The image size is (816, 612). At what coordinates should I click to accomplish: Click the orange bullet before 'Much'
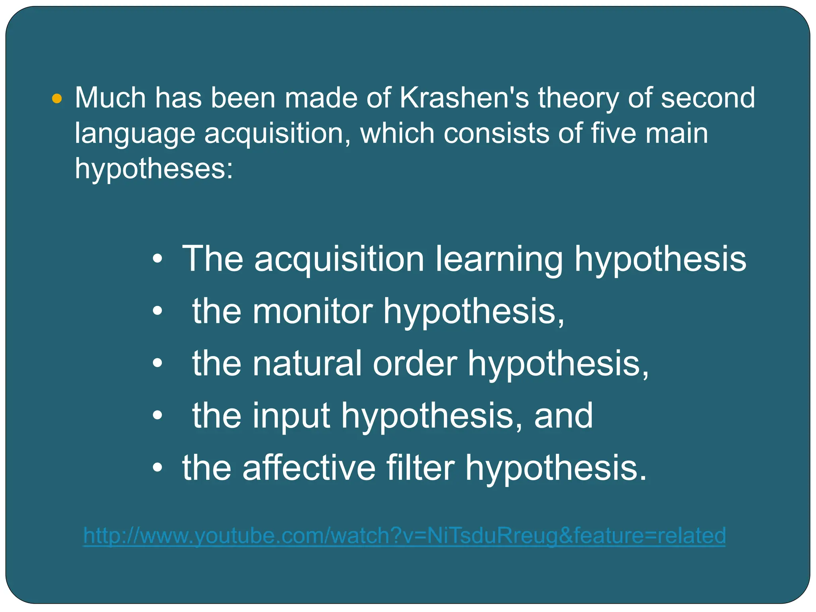pyautogui.click(x=57, y=98)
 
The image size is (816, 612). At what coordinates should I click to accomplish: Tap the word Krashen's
pyautogui.click(x=464, y=98)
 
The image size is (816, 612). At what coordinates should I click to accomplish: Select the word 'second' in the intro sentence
pyautogui.click(x=708, y=98)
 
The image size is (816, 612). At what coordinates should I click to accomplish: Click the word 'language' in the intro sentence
pyautogui.click(x=135, y=134)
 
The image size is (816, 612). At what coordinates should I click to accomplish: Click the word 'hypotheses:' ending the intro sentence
pyautogui.click(x=154, y=169)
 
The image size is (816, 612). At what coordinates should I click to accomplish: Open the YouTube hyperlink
pyautogui.click(x=404, y=535)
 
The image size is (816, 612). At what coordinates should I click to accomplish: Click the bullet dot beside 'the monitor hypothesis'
pyautogui.click(x=158, y=312)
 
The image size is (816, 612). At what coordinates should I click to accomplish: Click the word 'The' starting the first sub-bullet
pyautogui.click(x=212, y=259)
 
